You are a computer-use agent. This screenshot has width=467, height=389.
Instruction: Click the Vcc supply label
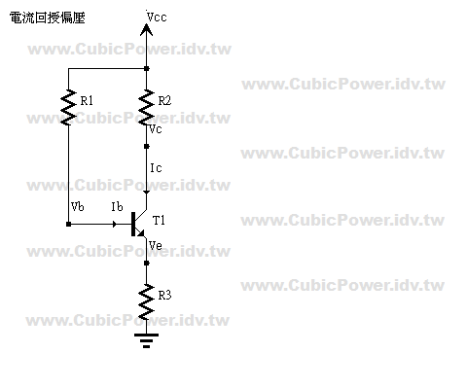tap(157, 17)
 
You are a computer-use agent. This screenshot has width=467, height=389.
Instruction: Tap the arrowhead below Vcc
tap(146, 30)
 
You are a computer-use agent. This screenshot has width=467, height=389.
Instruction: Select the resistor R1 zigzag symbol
tap(68, 107)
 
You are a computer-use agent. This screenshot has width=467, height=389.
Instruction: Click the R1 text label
tap(87, 101)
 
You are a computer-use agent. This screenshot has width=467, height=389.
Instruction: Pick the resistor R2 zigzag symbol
tap(146, 107)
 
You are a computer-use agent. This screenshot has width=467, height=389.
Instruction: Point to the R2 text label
tap(164, 101)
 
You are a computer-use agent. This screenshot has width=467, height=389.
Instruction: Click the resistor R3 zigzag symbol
tap(146, 301)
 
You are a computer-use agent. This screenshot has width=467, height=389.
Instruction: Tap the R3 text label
tap(164, 296)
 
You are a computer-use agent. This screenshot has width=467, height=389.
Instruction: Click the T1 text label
tap(159, 221)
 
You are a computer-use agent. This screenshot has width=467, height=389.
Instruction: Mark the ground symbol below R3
tap(146, 340)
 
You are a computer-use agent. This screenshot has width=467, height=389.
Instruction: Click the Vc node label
tap(156, 129)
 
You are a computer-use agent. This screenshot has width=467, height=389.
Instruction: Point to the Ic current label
tap(156, 168)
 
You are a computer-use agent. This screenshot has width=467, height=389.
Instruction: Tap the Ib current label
tap(117, 206)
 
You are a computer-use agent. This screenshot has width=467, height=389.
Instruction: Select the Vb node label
tap(78, 206)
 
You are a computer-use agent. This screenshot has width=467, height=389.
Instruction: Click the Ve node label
tap(156, 245)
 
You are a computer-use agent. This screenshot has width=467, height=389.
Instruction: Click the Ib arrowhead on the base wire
tap(114, 224)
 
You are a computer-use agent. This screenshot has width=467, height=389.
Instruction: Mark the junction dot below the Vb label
tap(68, 224)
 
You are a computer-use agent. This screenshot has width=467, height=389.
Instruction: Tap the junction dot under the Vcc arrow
tap(146, 68)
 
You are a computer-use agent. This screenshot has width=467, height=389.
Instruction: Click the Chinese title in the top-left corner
tap(48, 18)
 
